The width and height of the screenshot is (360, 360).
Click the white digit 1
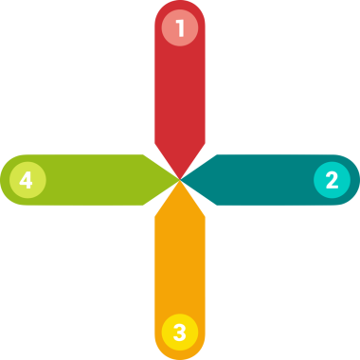tap(179, 27)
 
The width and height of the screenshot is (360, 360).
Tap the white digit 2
tap(332, 179)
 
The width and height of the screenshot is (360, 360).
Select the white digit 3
tap(179, 332)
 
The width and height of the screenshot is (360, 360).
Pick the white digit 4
tap(27, 179)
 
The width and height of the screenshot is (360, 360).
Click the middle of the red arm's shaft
tap(179, 95)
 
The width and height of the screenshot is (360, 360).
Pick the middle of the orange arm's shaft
tap(179, 265)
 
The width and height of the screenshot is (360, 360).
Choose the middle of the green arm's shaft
tap(95, 179)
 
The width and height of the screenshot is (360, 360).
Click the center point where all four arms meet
tap(179, 179)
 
